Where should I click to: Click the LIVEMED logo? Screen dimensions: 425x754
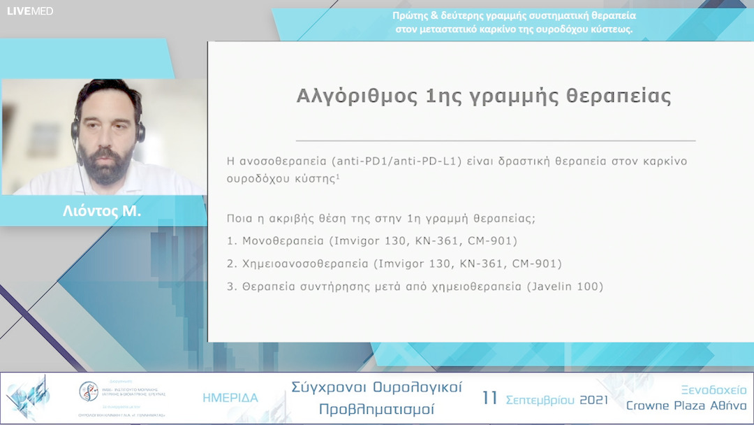tap(30, 10)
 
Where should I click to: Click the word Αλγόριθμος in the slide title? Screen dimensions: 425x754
tap(357, 96)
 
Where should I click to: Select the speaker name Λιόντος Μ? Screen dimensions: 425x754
tap(101, 211)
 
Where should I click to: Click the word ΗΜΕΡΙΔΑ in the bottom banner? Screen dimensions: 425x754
tap(230, 398)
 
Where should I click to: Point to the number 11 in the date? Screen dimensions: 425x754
tap(490, 398)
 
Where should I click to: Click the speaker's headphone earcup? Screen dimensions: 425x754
tap(140, 131)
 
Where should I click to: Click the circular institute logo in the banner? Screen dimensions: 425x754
tap(89, 390)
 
